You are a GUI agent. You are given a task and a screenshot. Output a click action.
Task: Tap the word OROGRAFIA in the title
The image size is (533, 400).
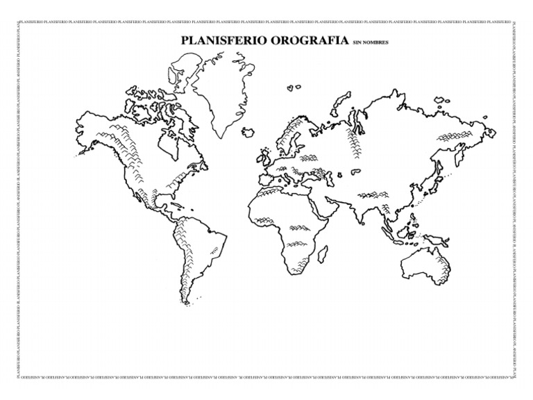tap(305, 40)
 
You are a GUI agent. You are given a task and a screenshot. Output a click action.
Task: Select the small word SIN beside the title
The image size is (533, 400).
tap(358, 43)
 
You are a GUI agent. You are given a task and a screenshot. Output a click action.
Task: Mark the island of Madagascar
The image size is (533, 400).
tap(323, 253)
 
